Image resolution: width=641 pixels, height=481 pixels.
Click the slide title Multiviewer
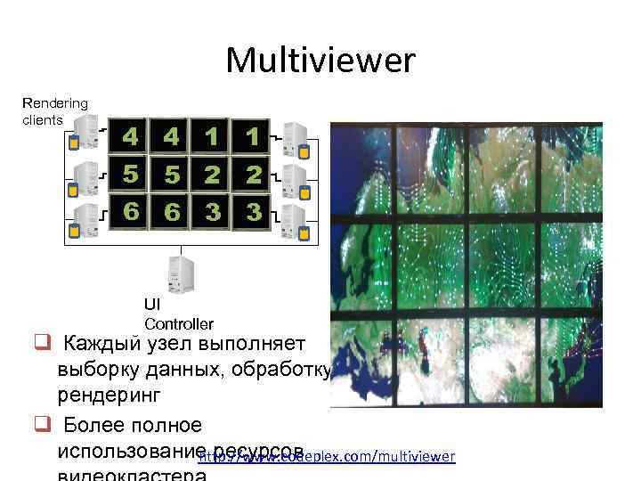320,61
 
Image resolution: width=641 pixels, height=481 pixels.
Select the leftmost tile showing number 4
130,137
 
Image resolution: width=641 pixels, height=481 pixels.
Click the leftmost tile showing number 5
130,175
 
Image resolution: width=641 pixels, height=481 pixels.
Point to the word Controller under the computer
178,323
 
